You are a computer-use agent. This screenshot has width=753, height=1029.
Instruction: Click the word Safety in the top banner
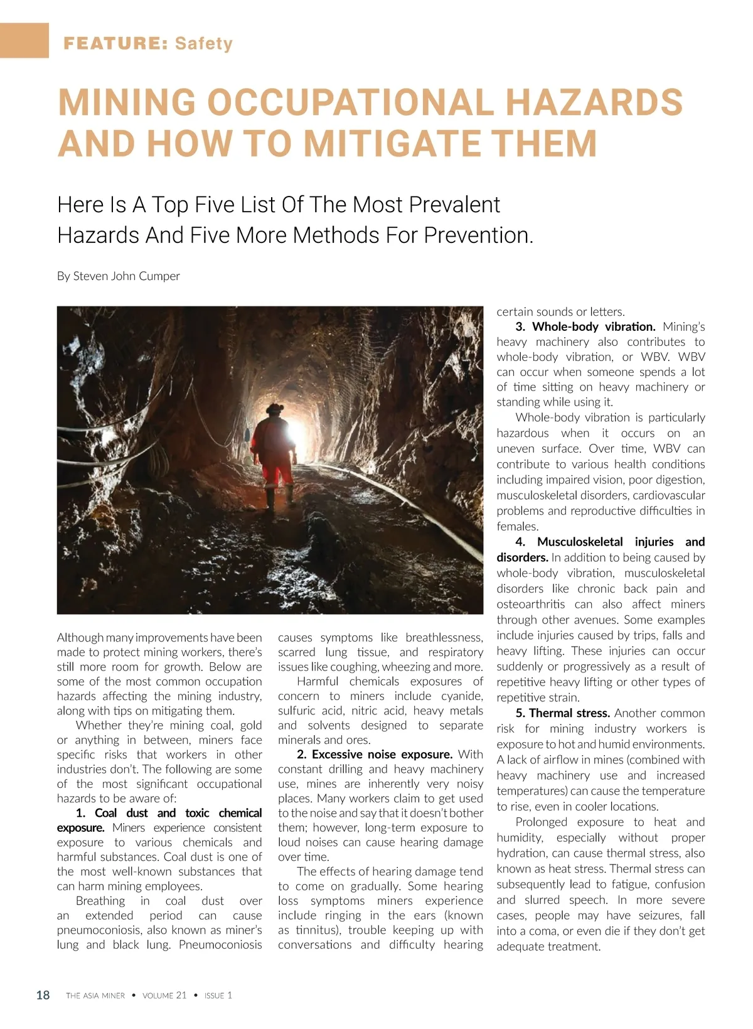click(204, 43)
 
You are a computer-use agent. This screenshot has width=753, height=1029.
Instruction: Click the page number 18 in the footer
click(43, 995)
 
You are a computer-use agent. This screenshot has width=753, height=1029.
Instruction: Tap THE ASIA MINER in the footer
click(95, 996)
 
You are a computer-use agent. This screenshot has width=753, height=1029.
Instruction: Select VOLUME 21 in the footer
click(164, 996)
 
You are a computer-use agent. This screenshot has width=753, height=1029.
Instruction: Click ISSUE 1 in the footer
click(218, 996)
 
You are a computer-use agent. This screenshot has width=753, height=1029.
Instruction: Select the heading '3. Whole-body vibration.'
click(585, 326)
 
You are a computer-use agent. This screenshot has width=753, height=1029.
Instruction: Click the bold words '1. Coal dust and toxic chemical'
click(169, 813)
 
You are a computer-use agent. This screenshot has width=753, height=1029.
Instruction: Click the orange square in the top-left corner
click(24, 40)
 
